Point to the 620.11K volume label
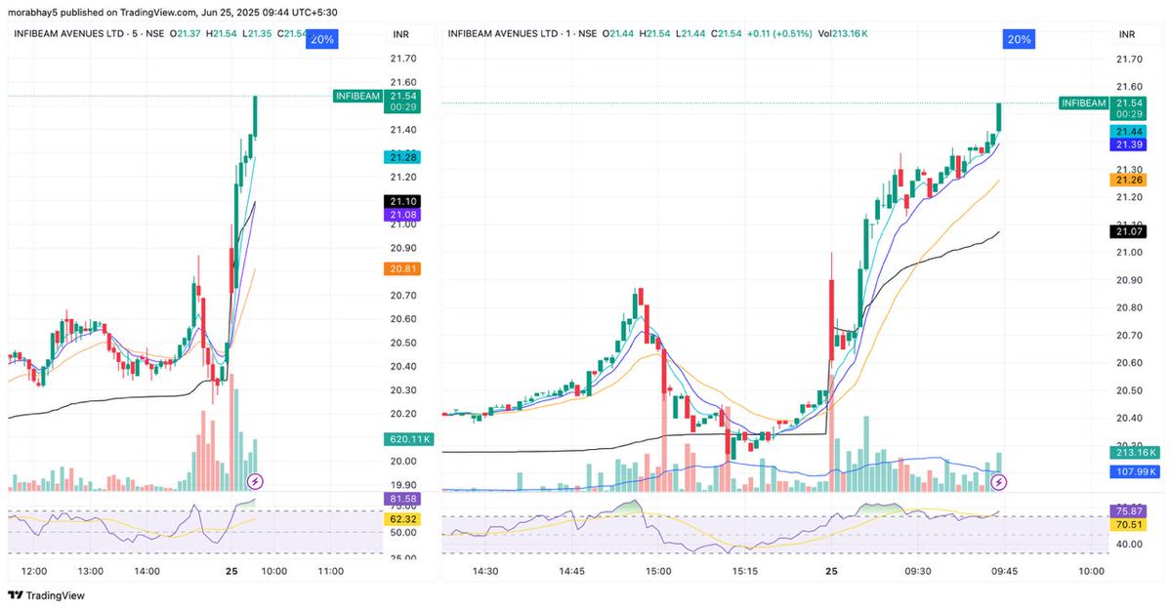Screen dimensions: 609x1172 (x=409, y=440)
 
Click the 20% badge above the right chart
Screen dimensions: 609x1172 (x=1018, y=39)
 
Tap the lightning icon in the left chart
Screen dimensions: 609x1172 (x=255, y=480)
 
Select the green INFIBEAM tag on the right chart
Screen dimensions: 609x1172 (x=1082, y=102)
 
